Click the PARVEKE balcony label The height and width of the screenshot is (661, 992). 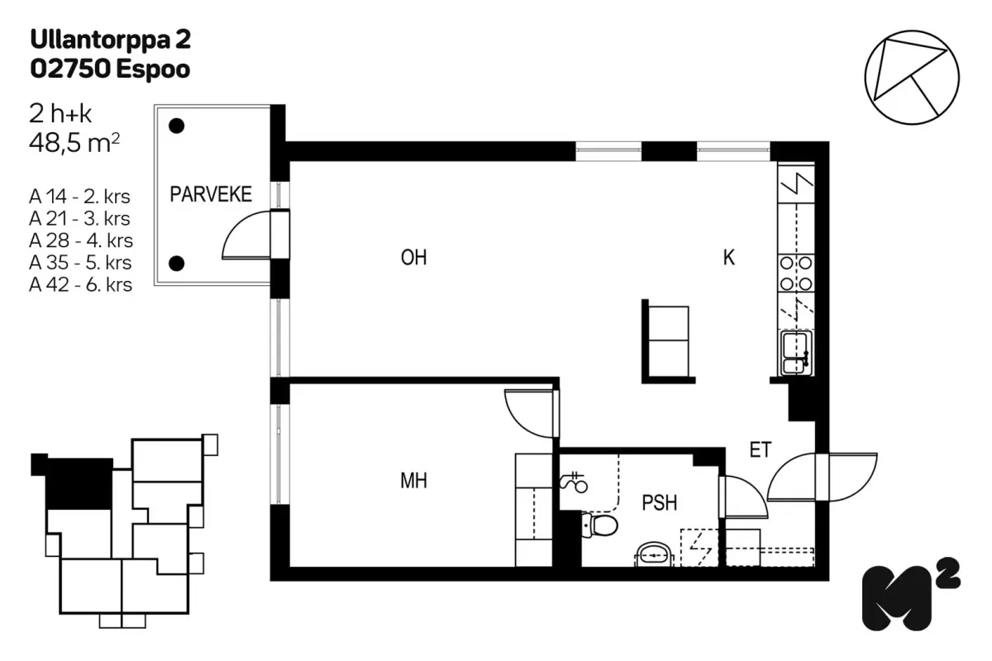click(211, 194)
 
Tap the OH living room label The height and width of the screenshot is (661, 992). click(413, 258)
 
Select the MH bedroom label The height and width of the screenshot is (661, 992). click(413, 481)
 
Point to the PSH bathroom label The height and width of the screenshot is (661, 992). click(660, 503)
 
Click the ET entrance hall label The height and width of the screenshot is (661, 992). click(761, 449)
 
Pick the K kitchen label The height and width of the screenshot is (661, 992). click(729, 258)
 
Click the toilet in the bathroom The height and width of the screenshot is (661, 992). click(599, 525)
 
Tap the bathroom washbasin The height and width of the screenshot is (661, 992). click(654, 554)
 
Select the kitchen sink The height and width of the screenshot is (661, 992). click(796, 353)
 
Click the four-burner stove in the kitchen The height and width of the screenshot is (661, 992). click(796, 273)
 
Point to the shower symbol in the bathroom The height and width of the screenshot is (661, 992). click(574, 483)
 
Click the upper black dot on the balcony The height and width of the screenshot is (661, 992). click(177, 126)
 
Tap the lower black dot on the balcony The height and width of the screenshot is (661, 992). click(177, 264)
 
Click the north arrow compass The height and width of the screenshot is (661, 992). click(912, 78)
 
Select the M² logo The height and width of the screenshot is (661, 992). click(911, 593)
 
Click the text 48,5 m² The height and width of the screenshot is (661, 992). click(74, 143)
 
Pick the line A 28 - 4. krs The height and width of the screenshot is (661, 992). click(81, 240)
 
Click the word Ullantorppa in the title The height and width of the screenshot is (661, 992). click(101, 40)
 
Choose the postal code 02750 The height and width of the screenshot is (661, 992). click(70, 69)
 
